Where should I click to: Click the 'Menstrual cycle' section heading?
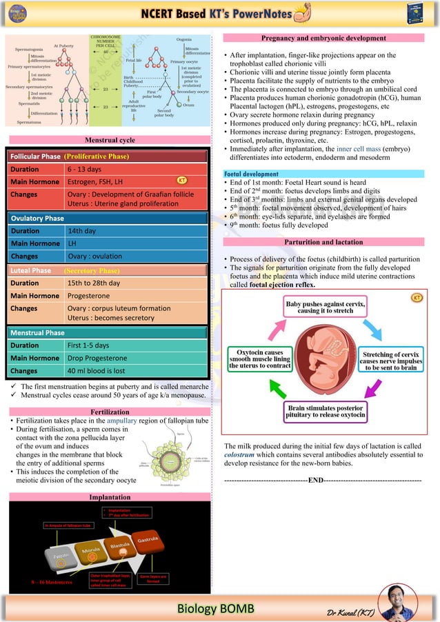[110, 140]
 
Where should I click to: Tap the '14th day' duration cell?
[81, 231]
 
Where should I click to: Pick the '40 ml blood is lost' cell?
[97, 371]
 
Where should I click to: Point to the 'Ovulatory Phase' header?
[38, 218]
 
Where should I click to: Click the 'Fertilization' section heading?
[110, 412]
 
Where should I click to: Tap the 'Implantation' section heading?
[110, 497]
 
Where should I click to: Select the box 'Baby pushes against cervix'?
[326, 306]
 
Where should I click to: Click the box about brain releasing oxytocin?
[326, 412]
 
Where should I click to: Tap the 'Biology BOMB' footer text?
[216, 608]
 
